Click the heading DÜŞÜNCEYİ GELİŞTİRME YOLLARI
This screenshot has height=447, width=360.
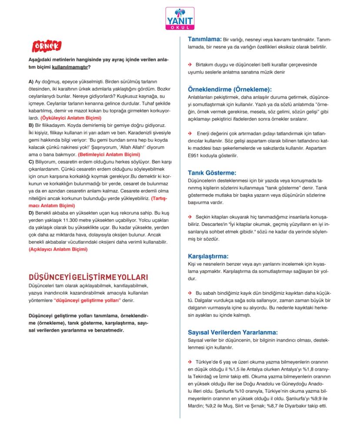[88, 277]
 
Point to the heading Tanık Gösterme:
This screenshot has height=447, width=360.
[212, 172]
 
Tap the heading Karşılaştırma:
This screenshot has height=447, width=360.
[208, 256]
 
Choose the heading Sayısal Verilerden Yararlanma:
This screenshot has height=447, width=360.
[233, 332]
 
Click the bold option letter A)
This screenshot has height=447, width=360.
[31, 82]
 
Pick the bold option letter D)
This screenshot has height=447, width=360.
[31, 213]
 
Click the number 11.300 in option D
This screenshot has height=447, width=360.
[69, 220]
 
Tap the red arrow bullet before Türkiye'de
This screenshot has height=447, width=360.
[190, 362]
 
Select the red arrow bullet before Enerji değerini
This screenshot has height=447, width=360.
[190, 133]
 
